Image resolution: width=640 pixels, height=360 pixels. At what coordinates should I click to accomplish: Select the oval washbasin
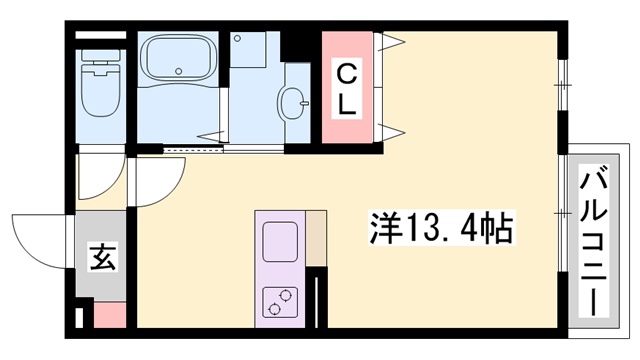(296, 101)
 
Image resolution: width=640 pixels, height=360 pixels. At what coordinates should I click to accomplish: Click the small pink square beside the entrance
(109, 314)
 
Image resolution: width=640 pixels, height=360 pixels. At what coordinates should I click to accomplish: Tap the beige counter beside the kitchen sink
(315, 239)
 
